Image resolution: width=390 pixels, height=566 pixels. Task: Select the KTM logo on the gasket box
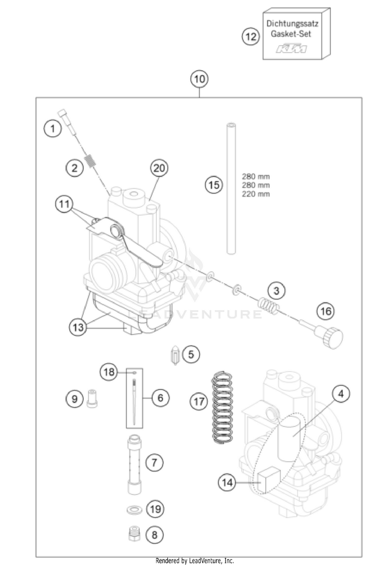(291, 49)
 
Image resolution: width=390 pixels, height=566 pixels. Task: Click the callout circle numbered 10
(199, 80)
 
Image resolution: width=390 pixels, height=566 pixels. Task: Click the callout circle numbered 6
(160, 398)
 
